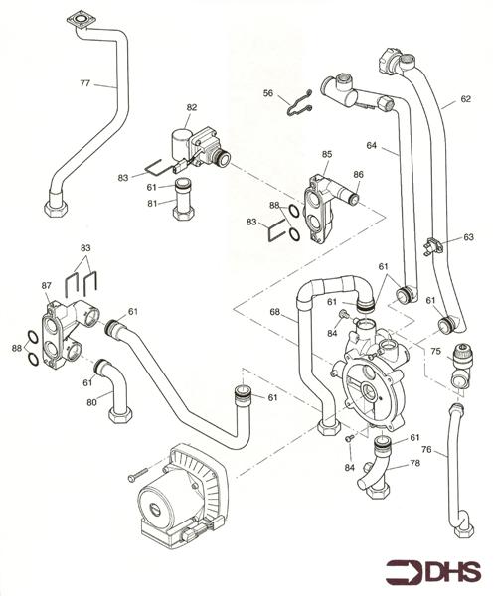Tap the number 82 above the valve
tap(191, 106)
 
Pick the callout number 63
tap(468, 237)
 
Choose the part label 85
tap(325, 155)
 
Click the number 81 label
tap(152, 205)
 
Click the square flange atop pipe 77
tap(79, 21)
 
